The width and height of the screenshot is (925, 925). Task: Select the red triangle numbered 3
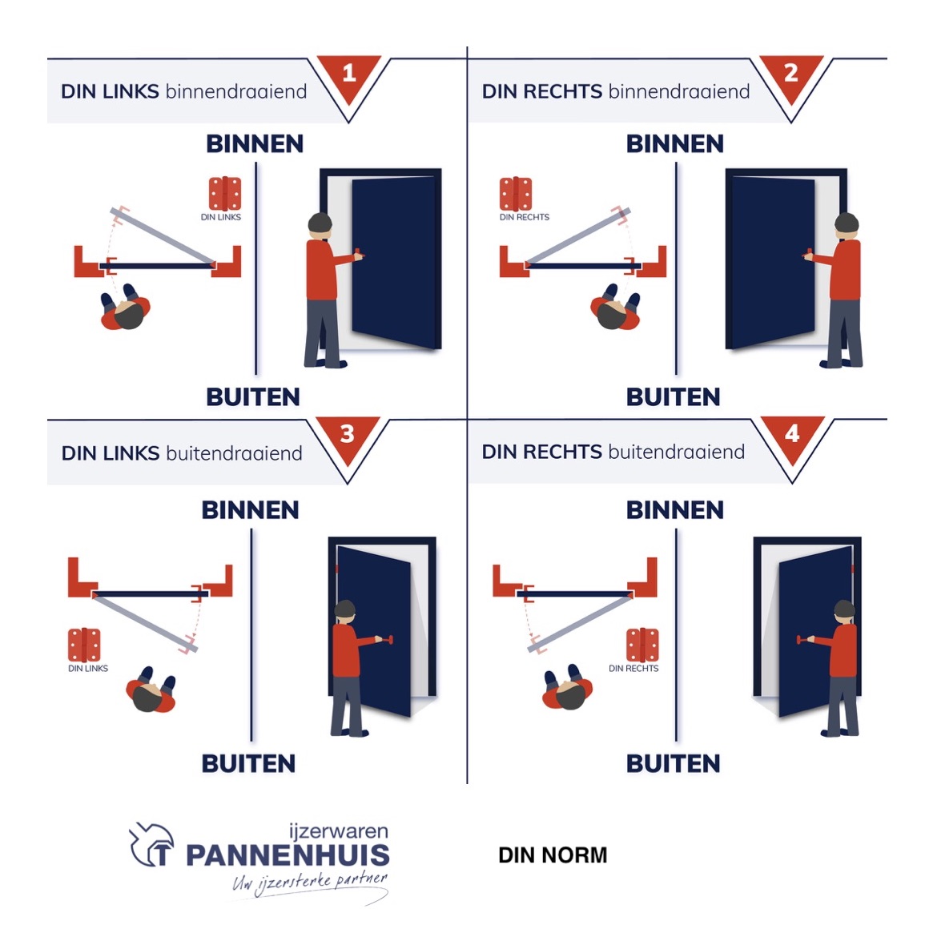tap(347, 438)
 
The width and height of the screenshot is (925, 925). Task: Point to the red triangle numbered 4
tap(791, 438)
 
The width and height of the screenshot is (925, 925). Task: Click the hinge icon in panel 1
tap(225, 194)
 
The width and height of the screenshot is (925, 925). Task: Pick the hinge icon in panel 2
tap(516, 194)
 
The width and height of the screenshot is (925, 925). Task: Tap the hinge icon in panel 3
tap(84, 645)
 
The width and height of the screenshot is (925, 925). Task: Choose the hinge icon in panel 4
tap(642, 645)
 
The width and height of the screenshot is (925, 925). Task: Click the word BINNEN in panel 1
tap(255, 144)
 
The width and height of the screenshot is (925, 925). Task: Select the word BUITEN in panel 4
tap(673, 763)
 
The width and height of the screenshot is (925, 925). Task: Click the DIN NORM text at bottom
tap(553, 855)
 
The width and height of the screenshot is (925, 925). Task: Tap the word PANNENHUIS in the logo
tap(288, 855)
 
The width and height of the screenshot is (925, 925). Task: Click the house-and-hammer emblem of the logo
tap(152, 845)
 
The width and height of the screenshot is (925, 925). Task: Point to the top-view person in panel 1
tap(125, 309)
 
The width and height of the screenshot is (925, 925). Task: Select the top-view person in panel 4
tap(568, 689)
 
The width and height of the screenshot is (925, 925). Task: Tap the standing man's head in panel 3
tap(345, 610)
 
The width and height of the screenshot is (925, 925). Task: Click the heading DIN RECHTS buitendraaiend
tap(613, 452)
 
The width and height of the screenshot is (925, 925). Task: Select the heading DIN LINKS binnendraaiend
tap(183, 91)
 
